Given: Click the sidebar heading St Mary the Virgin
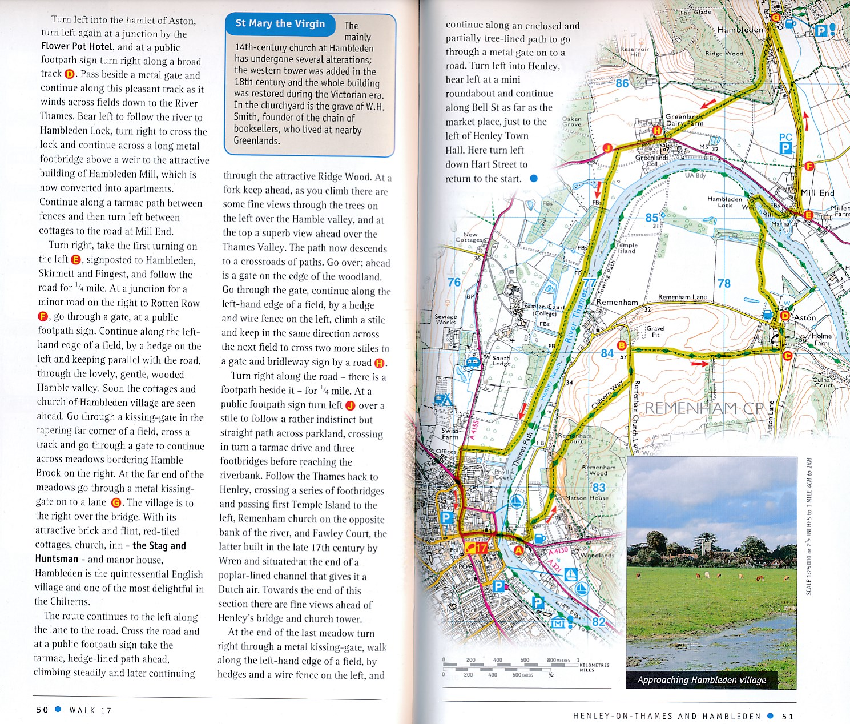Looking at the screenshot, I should [280, 23].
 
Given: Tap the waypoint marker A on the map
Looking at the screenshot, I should [519, 550].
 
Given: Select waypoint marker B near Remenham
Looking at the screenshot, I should [622, 345].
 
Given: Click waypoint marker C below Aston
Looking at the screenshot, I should [788, 356].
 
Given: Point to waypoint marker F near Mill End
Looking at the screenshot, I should [809, 166].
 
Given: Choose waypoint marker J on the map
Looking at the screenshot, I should [608, 148].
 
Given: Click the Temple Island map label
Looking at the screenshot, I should [626, 248].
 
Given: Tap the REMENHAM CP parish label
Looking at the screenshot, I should [703, 408].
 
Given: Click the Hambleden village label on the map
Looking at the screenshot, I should [740, 30].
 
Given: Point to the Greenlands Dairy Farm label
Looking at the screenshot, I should [684, 120].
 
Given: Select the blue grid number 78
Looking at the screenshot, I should [724, 283].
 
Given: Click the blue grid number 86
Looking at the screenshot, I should [622, 83].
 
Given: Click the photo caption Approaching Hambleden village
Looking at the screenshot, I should [702, 679].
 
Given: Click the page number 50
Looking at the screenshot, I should [42, 710].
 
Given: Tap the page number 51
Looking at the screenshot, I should [787, 716].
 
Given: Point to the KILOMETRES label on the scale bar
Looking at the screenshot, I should [594, 665].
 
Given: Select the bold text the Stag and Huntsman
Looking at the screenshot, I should [110, 552].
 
